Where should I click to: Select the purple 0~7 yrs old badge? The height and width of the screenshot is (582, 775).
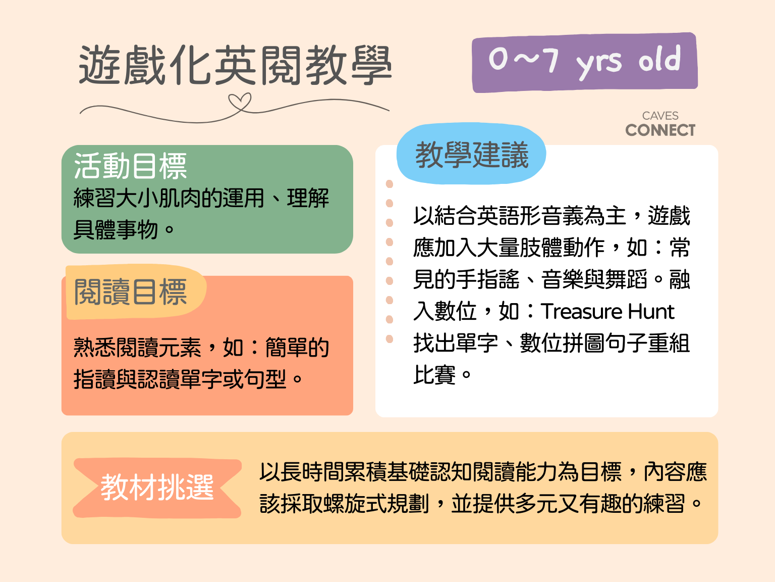point(585,63)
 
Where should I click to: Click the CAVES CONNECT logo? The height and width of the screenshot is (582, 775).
point(660,124)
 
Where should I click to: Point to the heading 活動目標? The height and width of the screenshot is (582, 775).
point(130,166)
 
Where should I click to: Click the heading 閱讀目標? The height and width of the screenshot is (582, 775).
point(130,292)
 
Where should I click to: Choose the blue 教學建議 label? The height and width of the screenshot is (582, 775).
point(472,154)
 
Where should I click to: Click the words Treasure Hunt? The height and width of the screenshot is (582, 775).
point(607,311)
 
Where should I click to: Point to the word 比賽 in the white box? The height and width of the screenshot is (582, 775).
point(434,375)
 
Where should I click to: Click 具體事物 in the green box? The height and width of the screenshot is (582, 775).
point(116,230)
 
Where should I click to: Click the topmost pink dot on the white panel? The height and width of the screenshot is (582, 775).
point(390,184)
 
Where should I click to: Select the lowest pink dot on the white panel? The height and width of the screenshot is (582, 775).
point(390,339)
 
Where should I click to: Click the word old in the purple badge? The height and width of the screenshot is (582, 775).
point(659,59)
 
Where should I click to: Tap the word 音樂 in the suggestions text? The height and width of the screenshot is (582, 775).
point(562,279)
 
